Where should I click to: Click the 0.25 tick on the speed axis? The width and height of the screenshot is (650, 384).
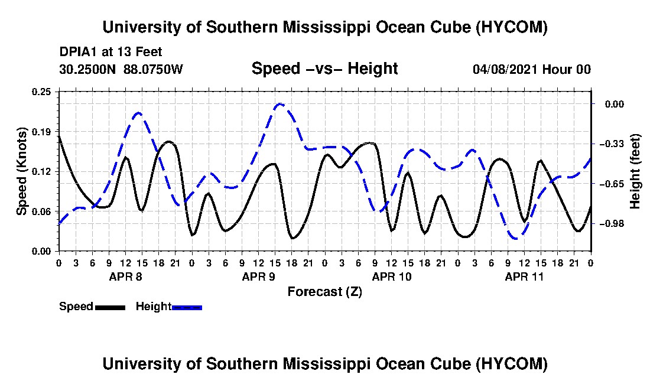tap(41, 92)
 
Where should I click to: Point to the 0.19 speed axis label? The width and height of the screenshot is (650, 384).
tap(41, 132)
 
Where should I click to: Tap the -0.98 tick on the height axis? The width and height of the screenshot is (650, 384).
tap(615, 224)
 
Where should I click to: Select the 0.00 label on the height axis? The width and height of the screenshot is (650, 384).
tap(615, 104)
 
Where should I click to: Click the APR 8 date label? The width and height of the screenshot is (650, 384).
tap(126, 276)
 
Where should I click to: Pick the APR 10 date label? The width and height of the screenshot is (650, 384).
tap(392, 276)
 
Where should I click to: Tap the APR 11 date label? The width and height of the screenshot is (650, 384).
tap(524, 276)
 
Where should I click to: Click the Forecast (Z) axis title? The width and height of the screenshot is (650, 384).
tap(325, 292)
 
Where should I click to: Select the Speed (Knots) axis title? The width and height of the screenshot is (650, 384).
tap(21, 171)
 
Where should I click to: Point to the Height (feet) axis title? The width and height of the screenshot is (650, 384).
tap(635, 171)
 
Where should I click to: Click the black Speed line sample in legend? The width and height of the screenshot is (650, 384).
tap(110, 307)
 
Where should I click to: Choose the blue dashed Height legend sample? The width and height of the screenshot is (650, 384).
tap(187, 307)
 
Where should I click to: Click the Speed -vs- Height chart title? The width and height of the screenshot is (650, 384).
tap(324, 69)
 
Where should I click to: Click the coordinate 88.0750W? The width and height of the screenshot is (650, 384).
tap(153, 69)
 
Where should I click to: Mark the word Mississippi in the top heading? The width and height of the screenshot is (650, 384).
tap(327, 28)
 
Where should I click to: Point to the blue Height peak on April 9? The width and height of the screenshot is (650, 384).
tap(280, 104)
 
